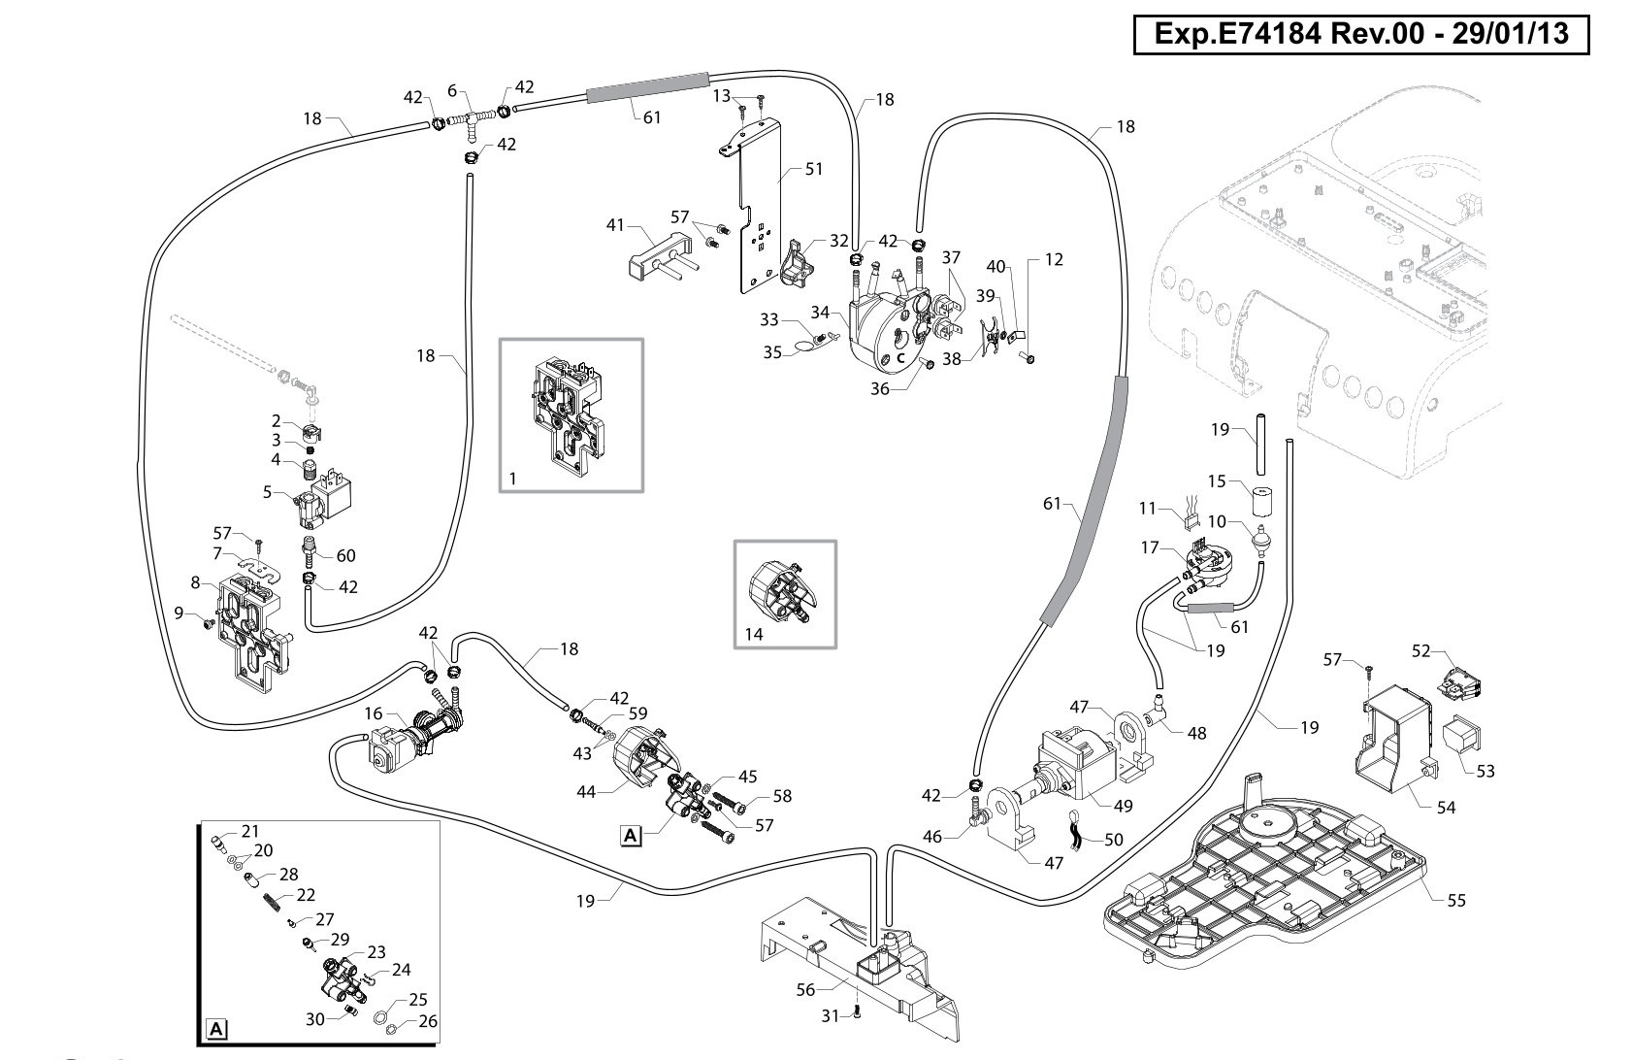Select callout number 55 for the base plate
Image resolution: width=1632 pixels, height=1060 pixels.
(x=1455, y=901)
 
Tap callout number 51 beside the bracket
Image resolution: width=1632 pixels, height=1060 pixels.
(x=814, y=169)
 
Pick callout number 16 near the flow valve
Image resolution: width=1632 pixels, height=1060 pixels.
(x=374, y=712)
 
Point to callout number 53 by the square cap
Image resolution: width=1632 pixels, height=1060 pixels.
(x=1485, y=771)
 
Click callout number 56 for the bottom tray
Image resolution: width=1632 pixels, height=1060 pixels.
(x=805, y=989)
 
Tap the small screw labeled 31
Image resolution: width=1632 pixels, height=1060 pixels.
(x=857, y=1012)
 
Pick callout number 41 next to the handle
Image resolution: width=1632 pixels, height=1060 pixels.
(x=616, y=225)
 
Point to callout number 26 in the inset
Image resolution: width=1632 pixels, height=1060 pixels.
(x=429, y=1021)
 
